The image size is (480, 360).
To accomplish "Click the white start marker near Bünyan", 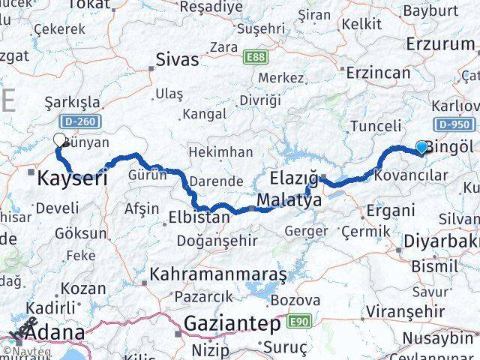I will pyautogui.click(x=59, y=139).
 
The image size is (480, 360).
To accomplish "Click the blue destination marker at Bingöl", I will pyautogui.click(x=422, y=147).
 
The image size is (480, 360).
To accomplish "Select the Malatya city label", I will pyautogui.click(x=289, y=200).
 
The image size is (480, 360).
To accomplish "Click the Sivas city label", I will pyautogui.click(x=178, y=59).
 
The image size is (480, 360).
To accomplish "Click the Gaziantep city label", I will pyautogui.click(x=232, y=324).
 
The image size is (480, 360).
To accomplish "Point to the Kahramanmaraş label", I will pyautogui.click(x=218, y=274).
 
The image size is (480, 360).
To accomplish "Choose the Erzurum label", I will pyautogui.click(x=440, y=43).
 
